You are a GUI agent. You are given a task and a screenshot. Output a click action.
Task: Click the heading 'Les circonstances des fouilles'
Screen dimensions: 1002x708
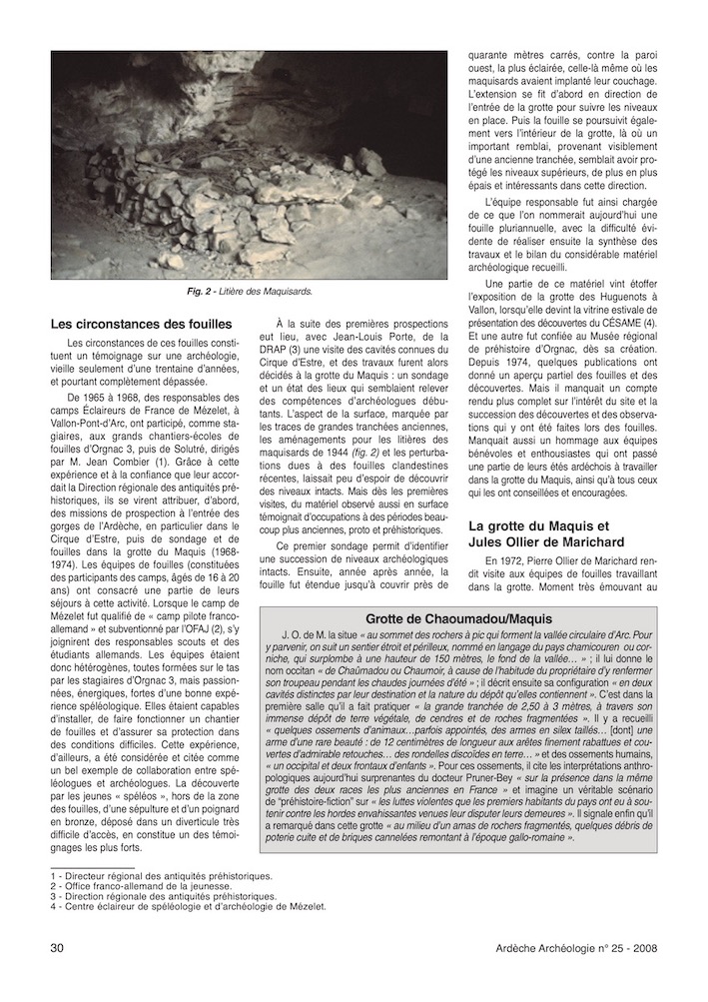[x=141, y=324]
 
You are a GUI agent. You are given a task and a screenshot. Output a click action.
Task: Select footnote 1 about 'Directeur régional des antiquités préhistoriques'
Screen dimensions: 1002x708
[x=159, y=876]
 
